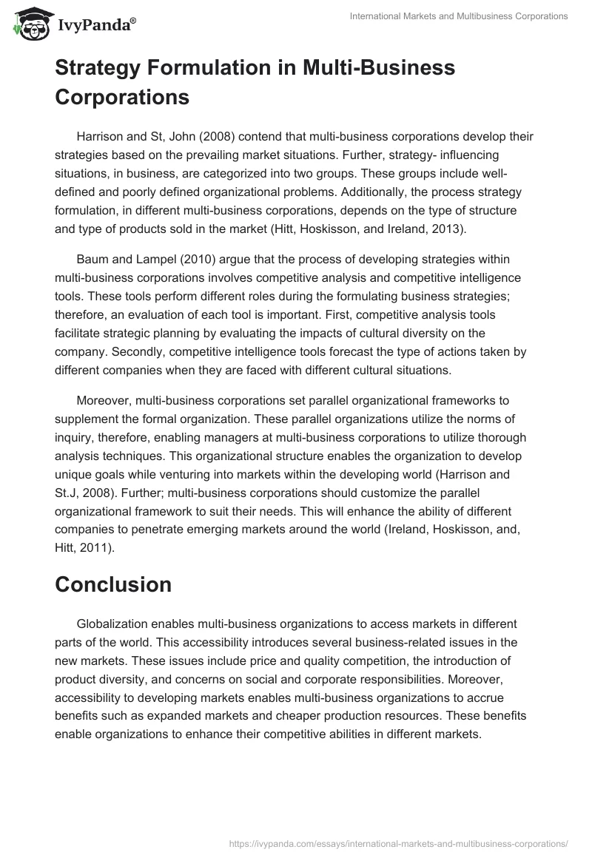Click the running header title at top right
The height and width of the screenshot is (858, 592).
(x=459, y=16)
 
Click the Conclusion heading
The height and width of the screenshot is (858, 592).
(x=113, y=584)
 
